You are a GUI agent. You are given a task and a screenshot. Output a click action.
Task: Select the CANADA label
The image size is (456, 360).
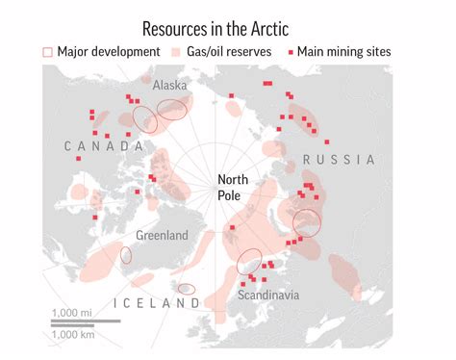coord(103,145)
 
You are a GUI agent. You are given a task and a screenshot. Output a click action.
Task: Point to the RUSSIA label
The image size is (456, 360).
coord(338,159)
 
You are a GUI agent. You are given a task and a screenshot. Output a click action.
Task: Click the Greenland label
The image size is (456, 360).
coord(162,235)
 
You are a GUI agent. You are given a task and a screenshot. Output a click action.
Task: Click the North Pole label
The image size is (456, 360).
coord(235,187)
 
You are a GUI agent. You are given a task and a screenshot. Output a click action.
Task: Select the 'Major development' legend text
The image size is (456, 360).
coord(106,52)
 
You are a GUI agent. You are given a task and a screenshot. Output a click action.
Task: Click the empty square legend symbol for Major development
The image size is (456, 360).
coord(48,52)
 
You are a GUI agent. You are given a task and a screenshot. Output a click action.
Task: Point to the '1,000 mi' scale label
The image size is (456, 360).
coord(72,313)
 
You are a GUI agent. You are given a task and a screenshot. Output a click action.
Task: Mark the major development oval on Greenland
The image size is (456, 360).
coord(126,255)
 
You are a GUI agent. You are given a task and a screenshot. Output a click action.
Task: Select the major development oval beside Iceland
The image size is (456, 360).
coord(187,289)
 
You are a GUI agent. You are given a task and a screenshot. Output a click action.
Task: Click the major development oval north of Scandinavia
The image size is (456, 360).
coord(248,259)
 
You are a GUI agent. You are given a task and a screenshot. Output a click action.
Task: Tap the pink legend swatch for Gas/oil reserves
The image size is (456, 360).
coord(176,52)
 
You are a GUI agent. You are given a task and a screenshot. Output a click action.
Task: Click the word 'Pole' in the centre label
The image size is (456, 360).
coord(231,195)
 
